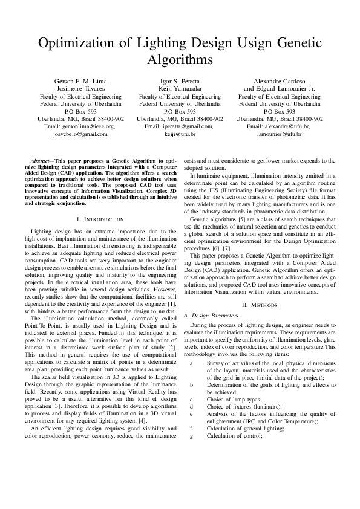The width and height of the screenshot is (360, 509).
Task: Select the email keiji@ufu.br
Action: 180,134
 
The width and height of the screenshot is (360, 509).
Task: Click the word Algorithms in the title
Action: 180,60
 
